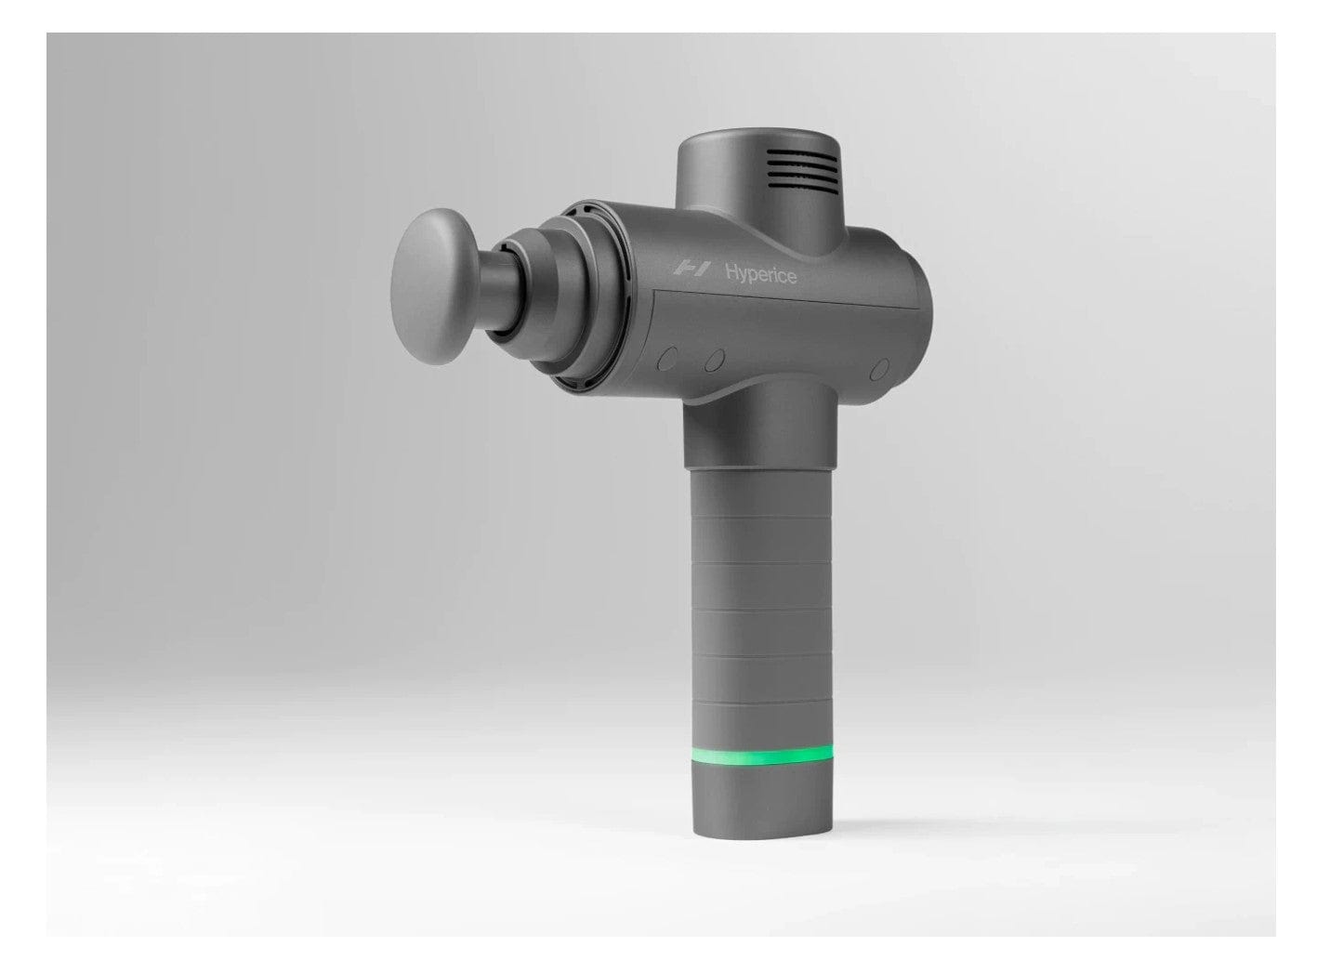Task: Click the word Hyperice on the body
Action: pos(760,274)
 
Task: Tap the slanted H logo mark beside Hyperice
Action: pos(691,270)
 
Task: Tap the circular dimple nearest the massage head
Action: pos(667,358)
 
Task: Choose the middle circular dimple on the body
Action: pos(714,360)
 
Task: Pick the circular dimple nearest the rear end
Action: pos(879,369)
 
